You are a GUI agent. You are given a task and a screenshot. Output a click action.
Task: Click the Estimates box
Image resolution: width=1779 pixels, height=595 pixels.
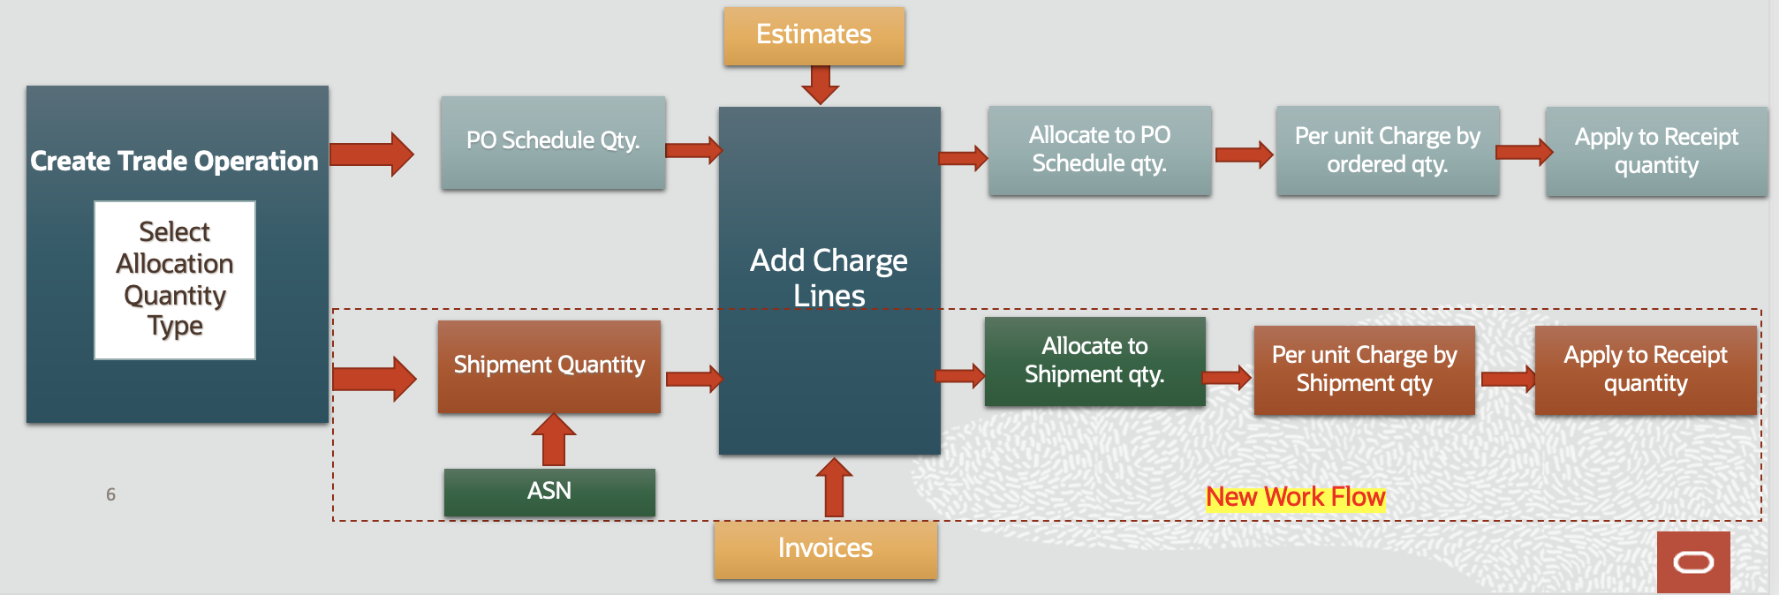click(x=814, y=35)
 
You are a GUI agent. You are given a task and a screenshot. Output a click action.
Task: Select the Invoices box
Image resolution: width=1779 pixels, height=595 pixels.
click(x=826, y=549)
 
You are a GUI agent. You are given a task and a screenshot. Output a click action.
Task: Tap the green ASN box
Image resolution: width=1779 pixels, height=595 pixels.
click(x=549, y=492)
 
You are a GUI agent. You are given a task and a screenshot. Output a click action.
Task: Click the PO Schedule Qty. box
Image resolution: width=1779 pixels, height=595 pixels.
click(x=553, y=142)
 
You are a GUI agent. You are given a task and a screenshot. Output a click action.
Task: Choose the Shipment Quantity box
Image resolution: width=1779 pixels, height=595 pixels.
click(x=549, y=366)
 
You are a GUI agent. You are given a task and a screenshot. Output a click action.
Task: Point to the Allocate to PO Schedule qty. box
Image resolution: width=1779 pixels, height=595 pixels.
click(x=1100, y=150)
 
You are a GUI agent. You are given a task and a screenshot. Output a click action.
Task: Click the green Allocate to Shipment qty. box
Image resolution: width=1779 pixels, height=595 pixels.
click(x=1095, y=361)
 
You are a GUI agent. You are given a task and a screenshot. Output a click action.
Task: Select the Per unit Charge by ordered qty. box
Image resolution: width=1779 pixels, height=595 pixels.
click(x=1388, y=150)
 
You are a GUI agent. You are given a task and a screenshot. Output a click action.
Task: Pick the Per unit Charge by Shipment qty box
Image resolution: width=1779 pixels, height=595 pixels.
click(x=1365, y=370)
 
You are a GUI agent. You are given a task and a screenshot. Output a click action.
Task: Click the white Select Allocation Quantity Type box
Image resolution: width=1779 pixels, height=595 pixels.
click(x=175, y=280)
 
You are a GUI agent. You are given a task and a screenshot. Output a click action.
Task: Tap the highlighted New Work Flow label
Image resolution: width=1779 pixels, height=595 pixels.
click(x=1296, y=498)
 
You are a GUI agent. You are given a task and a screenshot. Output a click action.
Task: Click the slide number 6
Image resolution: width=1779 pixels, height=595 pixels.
click(x=110, y=494)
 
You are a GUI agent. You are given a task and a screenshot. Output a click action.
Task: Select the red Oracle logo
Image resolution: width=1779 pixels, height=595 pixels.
click(x=1693, y=561)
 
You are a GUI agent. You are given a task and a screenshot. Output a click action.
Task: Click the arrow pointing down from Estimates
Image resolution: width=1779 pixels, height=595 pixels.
click(x=821, y=85)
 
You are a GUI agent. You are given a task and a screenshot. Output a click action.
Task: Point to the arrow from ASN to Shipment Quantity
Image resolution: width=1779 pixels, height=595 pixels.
click(x=554, y=440)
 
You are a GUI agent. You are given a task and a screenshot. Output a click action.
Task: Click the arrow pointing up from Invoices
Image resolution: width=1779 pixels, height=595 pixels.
click(x=834, y=487)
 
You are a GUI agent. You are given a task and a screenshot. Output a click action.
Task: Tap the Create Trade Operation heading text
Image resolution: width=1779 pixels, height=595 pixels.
click(x=174, y=162)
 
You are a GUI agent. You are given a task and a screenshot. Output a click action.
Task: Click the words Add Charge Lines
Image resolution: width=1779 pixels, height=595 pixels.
click(x=829, y=278)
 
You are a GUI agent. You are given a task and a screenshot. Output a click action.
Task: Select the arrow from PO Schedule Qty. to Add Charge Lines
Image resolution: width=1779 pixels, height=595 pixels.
click(x=694, y=150)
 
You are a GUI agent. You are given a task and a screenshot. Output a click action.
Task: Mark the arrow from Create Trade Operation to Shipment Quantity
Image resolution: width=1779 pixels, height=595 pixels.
click(x=375, y=379)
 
